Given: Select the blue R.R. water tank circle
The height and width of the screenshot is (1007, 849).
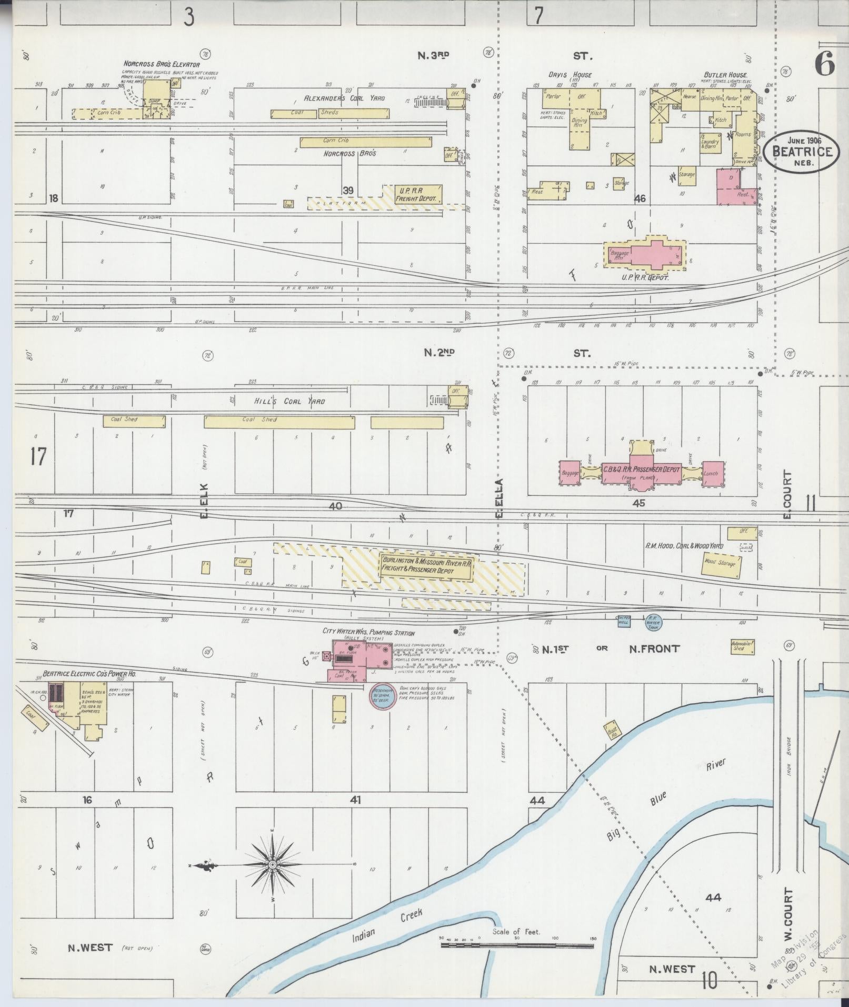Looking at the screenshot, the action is (653, 621).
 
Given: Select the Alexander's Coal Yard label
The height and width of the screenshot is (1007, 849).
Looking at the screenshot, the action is (344, 98).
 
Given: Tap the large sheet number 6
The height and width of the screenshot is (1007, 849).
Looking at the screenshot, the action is (824, 65).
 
